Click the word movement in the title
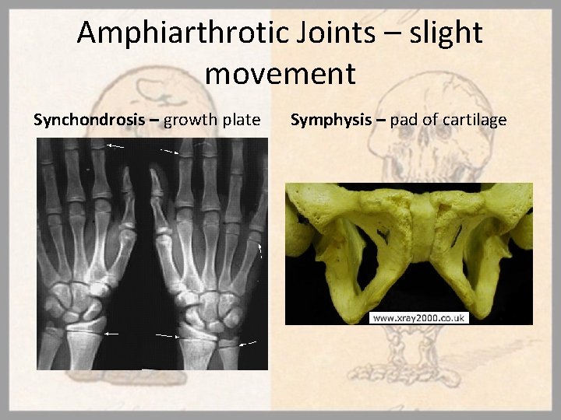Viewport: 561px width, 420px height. (280, 74)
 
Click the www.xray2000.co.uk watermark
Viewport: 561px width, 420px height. (421, 318)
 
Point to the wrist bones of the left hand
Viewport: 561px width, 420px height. (74, 299)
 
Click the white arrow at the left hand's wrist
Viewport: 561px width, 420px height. (112, 333)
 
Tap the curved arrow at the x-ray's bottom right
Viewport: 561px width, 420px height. (249, 341)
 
